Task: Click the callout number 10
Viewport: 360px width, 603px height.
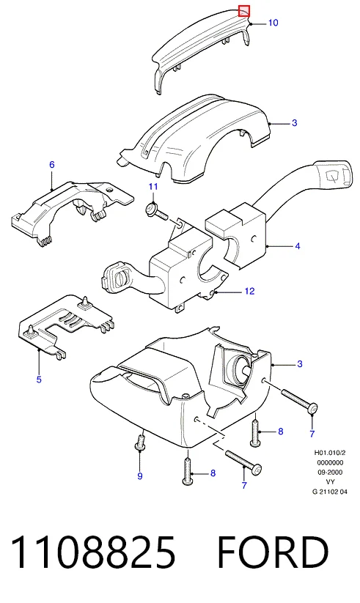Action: tap(273, 23)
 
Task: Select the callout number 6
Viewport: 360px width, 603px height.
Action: tap(52, 165)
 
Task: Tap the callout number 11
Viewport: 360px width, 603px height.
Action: tap(153, 187)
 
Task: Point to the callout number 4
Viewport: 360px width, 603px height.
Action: tap(297, 245)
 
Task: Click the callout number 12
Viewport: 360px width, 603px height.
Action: tap(249, 291)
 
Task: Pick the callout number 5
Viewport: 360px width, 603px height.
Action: tap(39, 380)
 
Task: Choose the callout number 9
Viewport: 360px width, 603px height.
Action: tap(140, 476)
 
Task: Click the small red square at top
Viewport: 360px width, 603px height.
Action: tap(244, 11)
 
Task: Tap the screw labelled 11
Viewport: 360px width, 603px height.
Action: tap(156, 212)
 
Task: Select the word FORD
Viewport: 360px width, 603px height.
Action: tap(273, 552)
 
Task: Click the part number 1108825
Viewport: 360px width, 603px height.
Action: tap(93, 552)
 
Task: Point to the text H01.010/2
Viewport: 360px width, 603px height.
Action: tap(330, 453)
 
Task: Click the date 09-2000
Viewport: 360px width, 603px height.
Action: tap(330, 472)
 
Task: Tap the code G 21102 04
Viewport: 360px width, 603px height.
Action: tap(330, 491)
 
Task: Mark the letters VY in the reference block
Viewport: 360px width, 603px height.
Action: tap(330, 481)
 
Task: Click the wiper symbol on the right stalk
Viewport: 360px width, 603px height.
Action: tap(333, 176)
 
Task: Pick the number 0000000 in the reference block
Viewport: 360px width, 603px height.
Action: tap(330, 462)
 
